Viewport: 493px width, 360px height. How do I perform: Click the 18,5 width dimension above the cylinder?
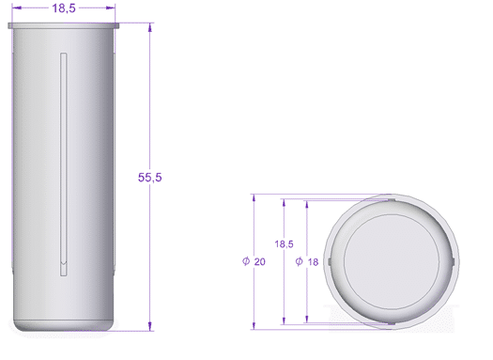tap(64, 8)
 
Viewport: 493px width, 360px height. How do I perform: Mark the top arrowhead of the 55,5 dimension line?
tap(150, 29)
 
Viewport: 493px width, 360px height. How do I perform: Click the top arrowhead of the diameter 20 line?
tap(254, 198)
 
